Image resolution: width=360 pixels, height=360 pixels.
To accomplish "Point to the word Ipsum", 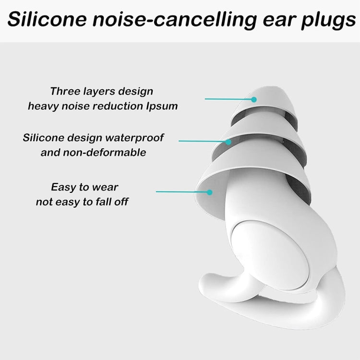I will pyautogui.click(x=162, y=106).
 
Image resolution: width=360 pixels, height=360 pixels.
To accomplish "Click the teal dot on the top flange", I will pyautogui.click(x=254, y=99).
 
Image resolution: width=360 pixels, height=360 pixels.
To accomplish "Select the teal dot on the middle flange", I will pyautogui.click(x=229, y=142).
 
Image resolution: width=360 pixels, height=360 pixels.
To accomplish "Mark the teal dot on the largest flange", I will pyautogui.click(x=209, y=192).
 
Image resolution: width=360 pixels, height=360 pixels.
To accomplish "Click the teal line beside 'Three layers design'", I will pyautogui.click(x=228, y=99).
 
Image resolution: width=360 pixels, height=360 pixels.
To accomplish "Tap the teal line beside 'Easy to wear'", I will pyautogui.click(x=182, y=192).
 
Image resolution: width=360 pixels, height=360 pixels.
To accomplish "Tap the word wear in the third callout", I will pyautogui.click(x=106, y=187).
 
